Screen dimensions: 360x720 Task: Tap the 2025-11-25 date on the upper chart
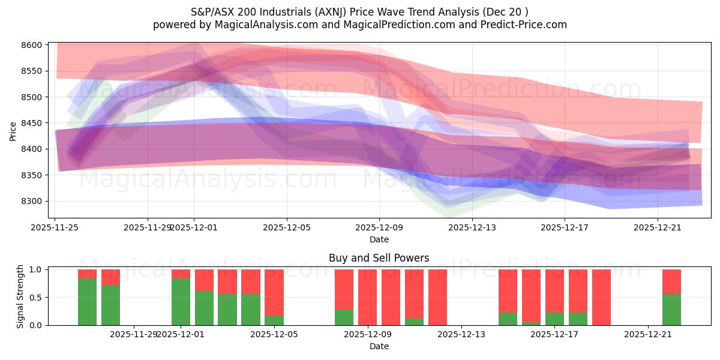(55, 227)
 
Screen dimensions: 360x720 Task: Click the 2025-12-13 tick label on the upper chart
(472, 227)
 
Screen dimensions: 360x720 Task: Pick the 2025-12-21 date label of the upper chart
(658, 227)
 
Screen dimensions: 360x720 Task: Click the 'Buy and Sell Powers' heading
(379, 258)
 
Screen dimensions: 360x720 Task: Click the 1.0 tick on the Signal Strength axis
(35, 269)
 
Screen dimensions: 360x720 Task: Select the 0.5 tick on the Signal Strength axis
(35, 297)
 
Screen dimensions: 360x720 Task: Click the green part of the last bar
(671, 310)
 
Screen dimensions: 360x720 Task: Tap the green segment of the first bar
(87, 302)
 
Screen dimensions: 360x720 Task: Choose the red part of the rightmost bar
(671, 281)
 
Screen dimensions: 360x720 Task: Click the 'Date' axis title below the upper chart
(379, 239)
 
